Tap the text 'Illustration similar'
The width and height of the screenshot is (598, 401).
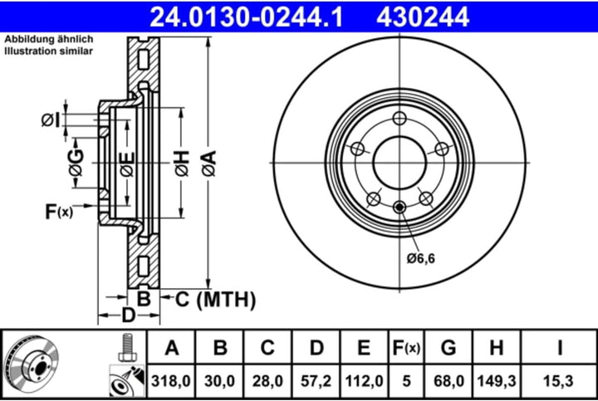(49, 51)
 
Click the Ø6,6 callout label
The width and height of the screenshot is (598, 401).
(421, 258)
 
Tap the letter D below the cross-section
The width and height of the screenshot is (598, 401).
(128, 315)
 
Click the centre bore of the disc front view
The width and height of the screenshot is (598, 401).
(399, 161)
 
